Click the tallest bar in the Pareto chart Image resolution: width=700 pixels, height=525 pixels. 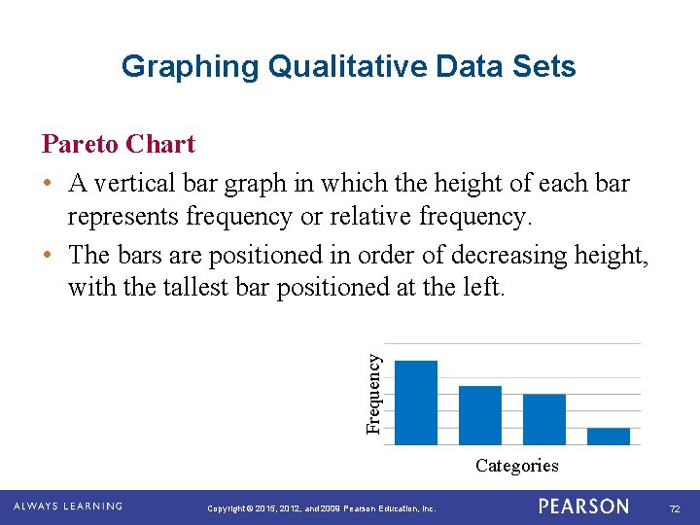coord(418,402)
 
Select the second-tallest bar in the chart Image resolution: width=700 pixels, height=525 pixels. coord(479,414)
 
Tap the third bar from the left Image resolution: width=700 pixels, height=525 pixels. coord(543,418)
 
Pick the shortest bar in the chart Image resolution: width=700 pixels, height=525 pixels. coord(609,436)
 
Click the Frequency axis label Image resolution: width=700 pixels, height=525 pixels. coord(374,393)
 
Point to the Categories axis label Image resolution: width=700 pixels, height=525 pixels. coord(516,466)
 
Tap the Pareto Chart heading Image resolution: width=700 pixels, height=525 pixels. coord(119,145)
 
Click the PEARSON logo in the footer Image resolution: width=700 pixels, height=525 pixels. coord(583,507)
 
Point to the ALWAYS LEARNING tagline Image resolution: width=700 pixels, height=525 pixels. coord(67,507)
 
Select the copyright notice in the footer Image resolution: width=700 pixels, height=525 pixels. coord(322,508)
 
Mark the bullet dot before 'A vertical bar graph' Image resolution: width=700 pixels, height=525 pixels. coord(48,184)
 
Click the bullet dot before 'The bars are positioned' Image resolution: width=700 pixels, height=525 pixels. coord(48,256)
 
